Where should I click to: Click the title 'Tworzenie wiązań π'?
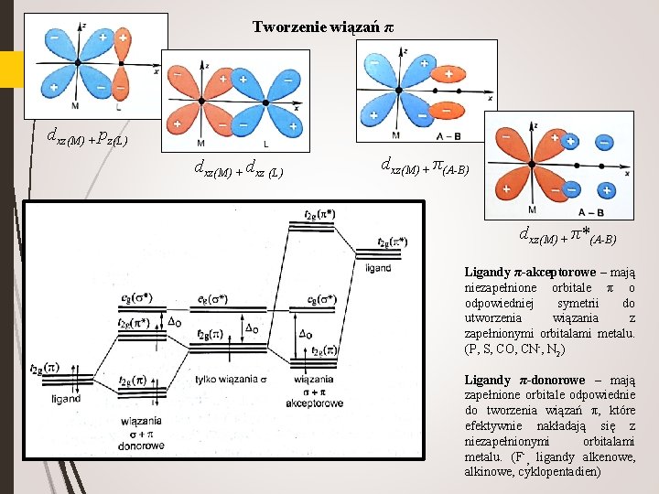(x=323, y=27)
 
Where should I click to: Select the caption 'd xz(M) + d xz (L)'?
(x=238, y=167)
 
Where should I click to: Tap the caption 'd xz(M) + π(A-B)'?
(x=425, y=166)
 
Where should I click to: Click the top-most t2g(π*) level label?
(x=319, y=213)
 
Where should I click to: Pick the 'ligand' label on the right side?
(x=378, y=268)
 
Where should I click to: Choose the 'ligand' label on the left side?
(x=66, y=399)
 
